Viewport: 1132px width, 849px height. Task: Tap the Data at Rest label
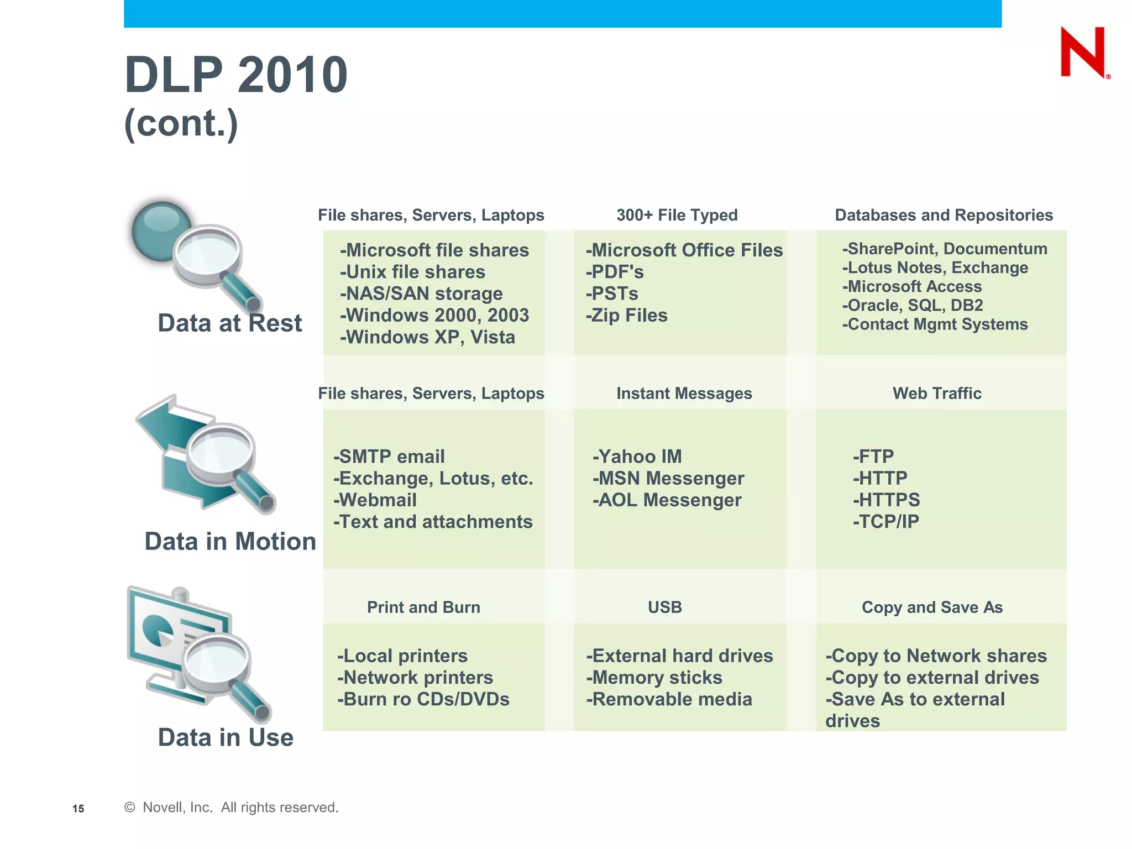coord(229,323)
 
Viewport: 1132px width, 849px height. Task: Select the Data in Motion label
coord(230,542)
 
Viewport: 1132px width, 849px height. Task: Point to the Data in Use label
coord(226,738)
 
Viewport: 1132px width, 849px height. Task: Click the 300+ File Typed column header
coord(677,215)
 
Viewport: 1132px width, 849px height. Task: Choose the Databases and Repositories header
coord(944,215)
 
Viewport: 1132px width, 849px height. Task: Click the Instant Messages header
coord(684,394)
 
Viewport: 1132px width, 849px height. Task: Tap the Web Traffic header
coord(937,394)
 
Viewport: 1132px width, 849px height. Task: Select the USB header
coord(664,607)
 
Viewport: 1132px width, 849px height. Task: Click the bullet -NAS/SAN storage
coord(421,294)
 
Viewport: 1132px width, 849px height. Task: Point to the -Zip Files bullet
coord(626,316)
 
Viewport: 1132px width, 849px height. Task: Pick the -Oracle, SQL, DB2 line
coord(912,306)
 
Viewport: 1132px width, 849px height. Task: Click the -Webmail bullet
coord(375,500)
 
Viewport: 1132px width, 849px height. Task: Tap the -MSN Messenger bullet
coord(668,478)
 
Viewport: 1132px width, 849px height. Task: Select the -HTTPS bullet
coord(886,500)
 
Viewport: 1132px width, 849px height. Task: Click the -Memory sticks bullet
coord(654,678)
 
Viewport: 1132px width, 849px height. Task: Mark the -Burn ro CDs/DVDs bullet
coord(423,699)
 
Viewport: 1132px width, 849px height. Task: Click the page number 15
coord(78,809)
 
